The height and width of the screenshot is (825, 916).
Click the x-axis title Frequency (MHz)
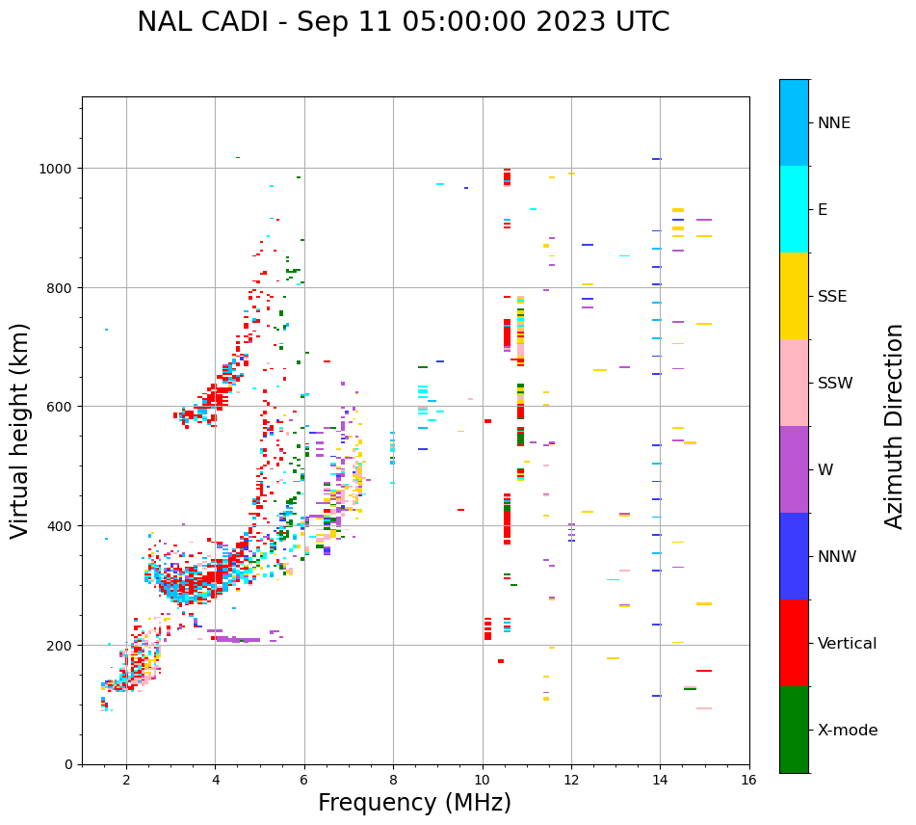click(x=414, y=803)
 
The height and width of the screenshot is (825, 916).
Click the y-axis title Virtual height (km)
click(x=20, y=430)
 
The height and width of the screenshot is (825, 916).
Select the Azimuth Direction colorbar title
click(x=895, y=426)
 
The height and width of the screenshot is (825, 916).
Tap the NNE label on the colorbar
click(x=834, y=122)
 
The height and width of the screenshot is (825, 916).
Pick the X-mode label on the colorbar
click(x=848, y=731)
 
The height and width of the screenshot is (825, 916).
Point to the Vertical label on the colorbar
click(x=848, y=644)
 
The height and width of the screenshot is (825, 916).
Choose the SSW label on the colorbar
click(x=835, y=384)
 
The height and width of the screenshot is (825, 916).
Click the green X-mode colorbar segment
click(x=794, y=730)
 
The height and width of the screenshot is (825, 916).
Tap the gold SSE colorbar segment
click(x=794, y=296)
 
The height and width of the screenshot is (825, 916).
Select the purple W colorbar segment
click(x=794, y=469)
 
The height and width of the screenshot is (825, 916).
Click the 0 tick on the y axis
click(x=69, y=764)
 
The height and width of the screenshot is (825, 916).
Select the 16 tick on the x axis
click(x=748, y=781)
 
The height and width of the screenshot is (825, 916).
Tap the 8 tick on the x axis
click(x=393, y=781)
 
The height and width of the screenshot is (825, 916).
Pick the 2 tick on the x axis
click(x=126, y=781)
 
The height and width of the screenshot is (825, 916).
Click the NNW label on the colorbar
click(x=837, y=557)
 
